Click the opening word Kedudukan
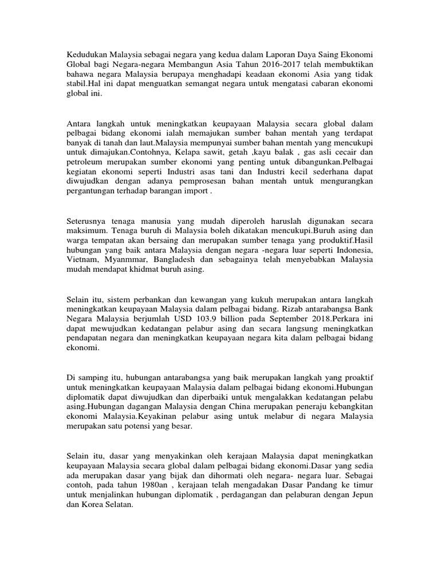pyautogui.click(x=88, y=53)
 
